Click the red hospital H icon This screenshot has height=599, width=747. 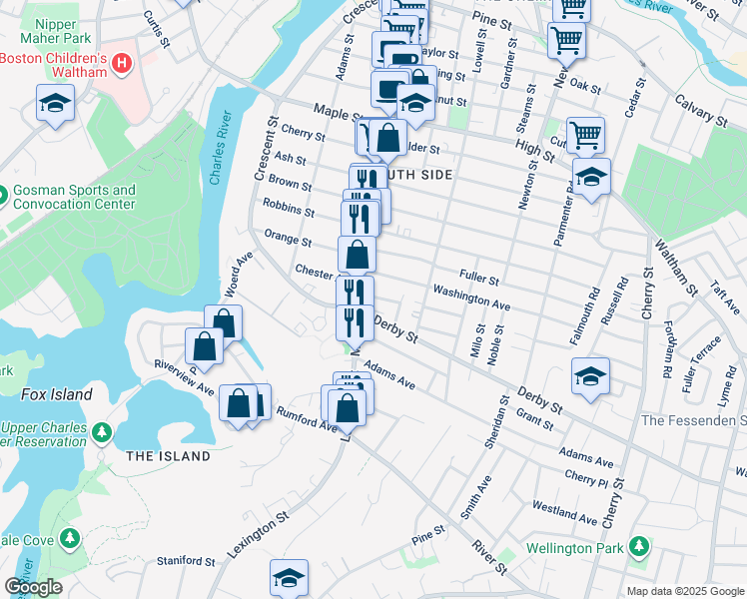click(122, 64)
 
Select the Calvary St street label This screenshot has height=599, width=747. click(699, 109)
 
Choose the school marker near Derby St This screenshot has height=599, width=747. click(591, 376)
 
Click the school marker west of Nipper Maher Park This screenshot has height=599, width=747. click(55, 102)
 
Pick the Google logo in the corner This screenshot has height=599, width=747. click(34, 588)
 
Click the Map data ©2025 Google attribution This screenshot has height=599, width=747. click(685, 591)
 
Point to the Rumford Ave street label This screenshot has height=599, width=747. click(307, 419)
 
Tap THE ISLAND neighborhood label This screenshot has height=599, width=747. click(169, 456)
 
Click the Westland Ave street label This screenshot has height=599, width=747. click(565, 512)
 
